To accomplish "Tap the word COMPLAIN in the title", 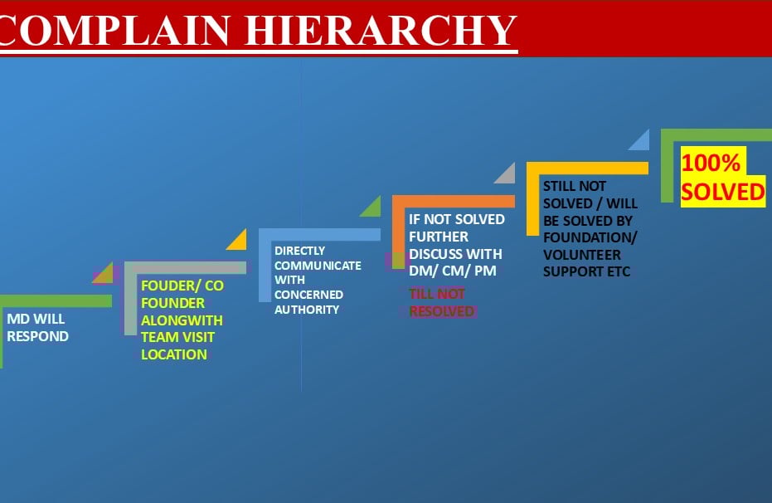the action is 116,31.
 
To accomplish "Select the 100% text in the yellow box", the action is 710,163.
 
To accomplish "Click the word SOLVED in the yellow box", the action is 722,192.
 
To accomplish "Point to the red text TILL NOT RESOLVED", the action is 441,302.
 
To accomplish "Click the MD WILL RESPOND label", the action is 37,327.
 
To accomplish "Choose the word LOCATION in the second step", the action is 173,354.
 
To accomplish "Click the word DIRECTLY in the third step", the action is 299,251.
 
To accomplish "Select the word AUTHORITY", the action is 307,310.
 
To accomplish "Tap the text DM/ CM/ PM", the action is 453,271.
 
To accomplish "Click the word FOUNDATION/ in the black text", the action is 590,238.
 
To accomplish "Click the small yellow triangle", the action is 239,241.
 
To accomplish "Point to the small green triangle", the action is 372,208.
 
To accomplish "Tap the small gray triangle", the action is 507,174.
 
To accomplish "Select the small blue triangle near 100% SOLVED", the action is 641,141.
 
